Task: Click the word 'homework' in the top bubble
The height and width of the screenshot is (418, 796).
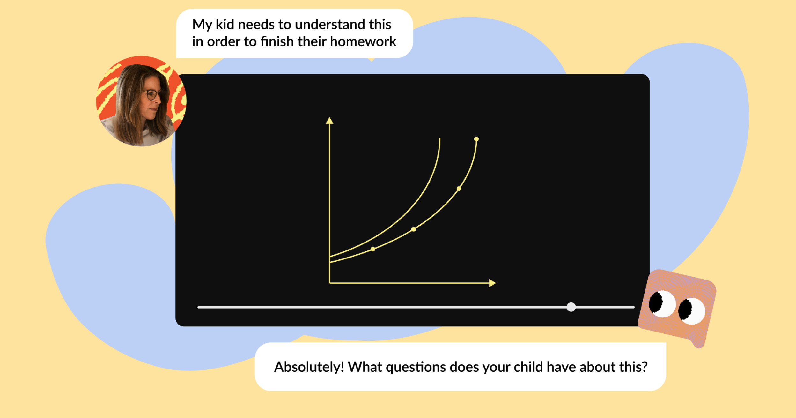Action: tap(363, 41)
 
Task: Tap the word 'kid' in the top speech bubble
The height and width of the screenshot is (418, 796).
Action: tap(225, 24)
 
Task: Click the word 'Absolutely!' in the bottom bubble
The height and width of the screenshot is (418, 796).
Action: tap(309, 367)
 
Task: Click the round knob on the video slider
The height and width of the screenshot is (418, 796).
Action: tap(571, 307)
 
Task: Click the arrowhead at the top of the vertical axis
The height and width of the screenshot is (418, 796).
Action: tap(329, 121)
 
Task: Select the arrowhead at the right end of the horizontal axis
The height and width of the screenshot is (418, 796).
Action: tap(492, 283)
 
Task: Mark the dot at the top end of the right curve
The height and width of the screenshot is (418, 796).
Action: tap(476, 139)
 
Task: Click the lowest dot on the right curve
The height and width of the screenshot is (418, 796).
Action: tap(373, 249)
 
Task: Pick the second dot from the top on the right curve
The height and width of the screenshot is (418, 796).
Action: tap(459, 189)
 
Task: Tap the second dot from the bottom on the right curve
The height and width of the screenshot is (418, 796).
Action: tap(414, 229)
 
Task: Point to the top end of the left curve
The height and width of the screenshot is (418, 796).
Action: tap(440, 138)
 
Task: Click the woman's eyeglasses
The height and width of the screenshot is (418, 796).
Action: tap(152, 94)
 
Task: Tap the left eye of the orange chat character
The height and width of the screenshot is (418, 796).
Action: tap(662, 303)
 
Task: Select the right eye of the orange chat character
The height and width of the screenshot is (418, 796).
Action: tap(691, 310)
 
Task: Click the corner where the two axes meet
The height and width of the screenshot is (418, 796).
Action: tap(329, 283)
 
